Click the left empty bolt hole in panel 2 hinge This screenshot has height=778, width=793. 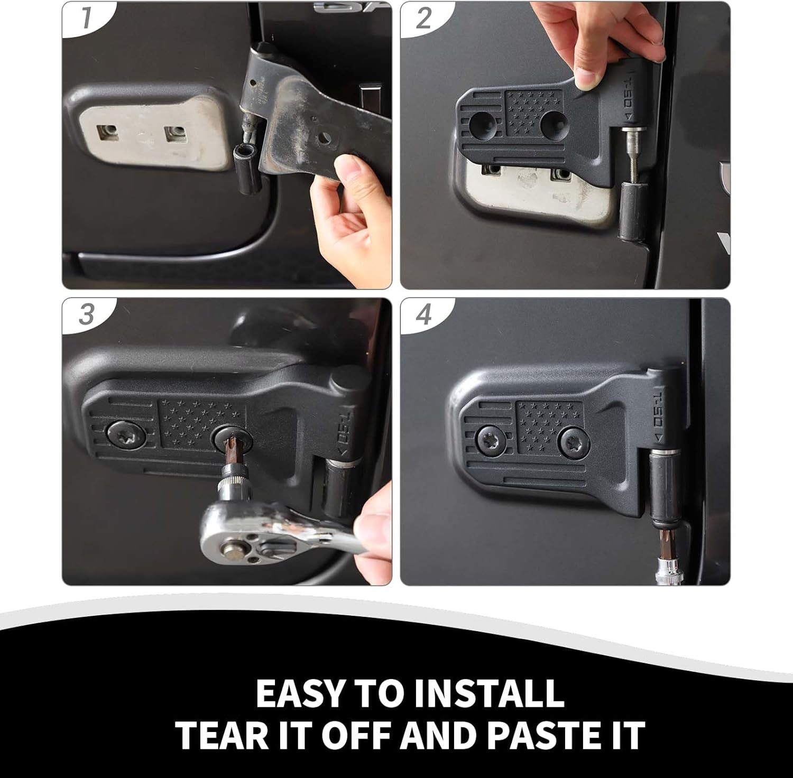click(x=483, y=123)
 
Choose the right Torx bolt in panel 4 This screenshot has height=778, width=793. click(x=572, y=441)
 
